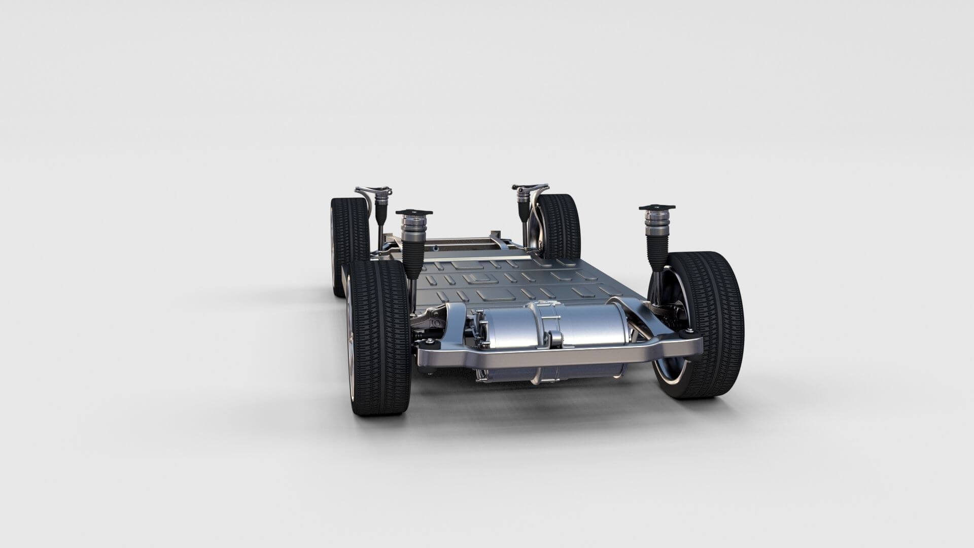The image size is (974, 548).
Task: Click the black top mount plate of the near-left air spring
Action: click(413, 212)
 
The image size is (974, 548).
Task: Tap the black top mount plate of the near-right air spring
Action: click(657, 208)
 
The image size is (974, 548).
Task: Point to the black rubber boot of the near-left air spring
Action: click(412, 254)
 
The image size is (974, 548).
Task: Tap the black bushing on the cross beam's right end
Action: click(690, 332)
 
